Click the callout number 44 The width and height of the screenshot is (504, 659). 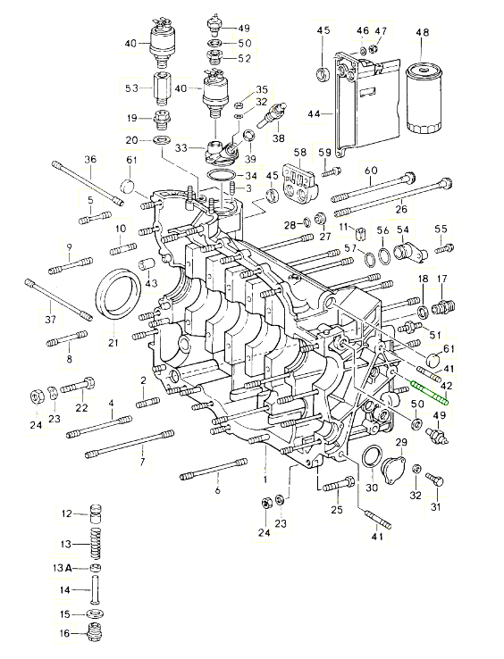pos(315,113)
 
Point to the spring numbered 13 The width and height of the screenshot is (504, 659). pos(97,544)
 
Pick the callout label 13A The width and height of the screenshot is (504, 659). pos(62,568)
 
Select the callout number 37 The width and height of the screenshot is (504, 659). pos(50,321)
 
